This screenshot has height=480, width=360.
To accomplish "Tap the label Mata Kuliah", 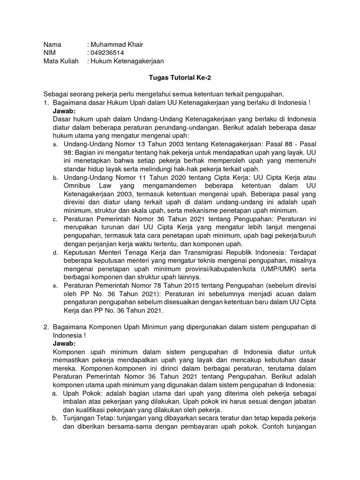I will pyautogui.click(x=60, y=61).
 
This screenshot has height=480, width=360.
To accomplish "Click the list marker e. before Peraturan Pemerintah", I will pyautogui.click(x=55, y=285).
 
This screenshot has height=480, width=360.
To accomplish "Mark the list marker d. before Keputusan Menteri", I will pyautogui.click(x=55, y=252).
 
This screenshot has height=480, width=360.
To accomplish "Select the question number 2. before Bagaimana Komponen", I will pyautogui.click(x=46, y=327).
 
